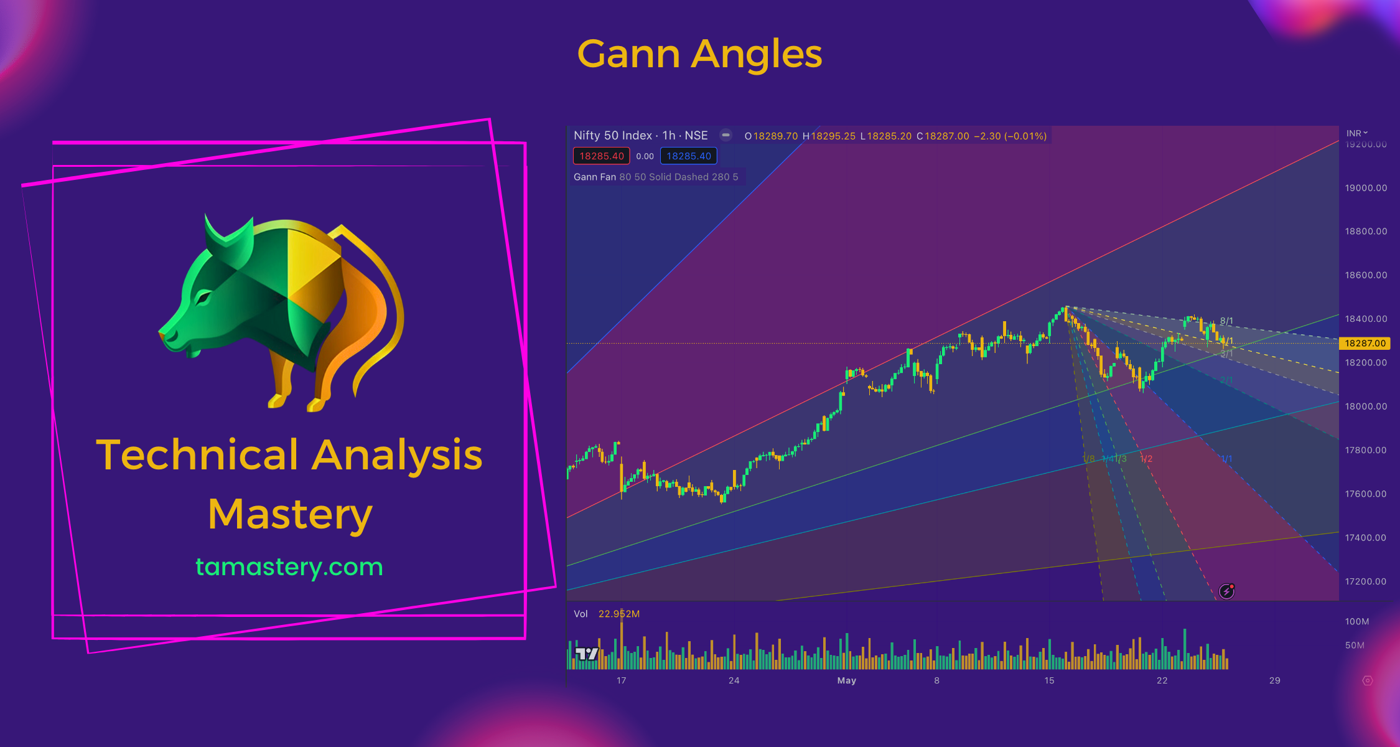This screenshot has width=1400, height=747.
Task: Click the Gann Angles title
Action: (699, 54)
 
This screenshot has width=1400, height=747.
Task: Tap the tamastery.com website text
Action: (289, 566)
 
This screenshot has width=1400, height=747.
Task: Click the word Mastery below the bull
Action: (290, 515)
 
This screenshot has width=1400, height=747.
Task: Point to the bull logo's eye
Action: (203, 299)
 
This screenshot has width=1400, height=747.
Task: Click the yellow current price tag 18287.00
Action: (1365, 343)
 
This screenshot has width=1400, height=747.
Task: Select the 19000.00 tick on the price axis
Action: (1366, 188)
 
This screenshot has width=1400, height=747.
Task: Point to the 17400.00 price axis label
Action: (1366, 538)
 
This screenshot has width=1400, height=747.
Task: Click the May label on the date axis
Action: (846, 680)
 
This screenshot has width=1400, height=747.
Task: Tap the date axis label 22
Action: (1162, 680)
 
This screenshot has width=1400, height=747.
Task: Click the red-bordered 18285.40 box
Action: (601, 156)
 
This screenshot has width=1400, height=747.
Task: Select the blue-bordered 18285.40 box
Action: (688, 156)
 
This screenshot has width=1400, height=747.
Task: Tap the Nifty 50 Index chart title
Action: (640, 136)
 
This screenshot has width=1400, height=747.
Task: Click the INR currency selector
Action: (1356, 133)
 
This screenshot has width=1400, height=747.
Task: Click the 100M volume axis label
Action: (1356, 621)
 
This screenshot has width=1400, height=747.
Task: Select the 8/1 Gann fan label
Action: (1226, 321)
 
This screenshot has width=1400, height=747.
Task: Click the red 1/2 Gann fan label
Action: (1146, 459)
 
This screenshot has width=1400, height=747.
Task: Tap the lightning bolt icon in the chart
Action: (1226, 591)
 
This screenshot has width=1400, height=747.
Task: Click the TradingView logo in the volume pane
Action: (586, 654)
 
